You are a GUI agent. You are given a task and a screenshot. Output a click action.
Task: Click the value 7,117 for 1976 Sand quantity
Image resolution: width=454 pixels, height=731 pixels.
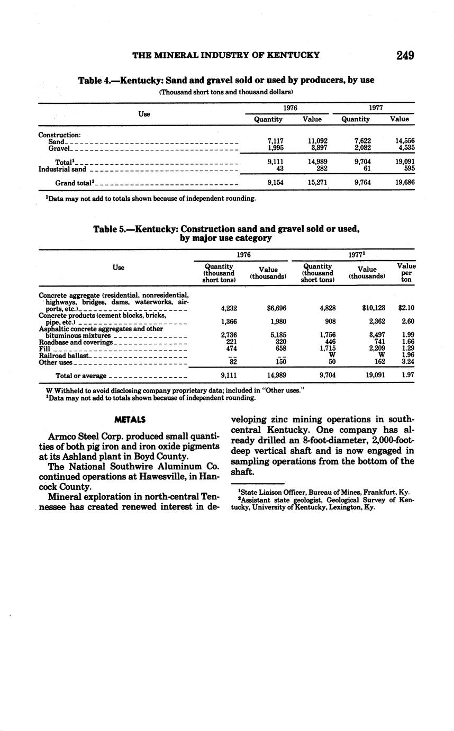[276, 141]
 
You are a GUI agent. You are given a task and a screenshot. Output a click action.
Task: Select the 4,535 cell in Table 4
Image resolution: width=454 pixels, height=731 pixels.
[405, 148]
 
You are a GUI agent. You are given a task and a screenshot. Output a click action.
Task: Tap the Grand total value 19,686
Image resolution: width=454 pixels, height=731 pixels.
[405, 182]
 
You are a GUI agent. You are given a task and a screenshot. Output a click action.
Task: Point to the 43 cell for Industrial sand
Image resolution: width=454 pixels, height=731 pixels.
[280, 168]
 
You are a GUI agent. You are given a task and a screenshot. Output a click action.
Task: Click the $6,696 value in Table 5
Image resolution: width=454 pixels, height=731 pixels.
[277, 308]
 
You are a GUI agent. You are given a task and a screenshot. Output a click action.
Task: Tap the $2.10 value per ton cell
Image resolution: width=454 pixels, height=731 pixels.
[406, 308]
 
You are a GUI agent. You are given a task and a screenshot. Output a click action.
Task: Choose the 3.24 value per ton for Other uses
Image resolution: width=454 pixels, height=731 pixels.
[407, 362]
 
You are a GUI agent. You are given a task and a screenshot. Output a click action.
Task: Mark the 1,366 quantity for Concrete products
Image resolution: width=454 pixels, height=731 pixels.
[228, 321]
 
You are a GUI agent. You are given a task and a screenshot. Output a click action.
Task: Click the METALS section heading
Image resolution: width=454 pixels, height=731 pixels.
[130, 420]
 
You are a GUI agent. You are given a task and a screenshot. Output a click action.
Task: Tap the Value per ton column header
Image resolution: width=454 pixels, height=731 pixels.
[406, 272]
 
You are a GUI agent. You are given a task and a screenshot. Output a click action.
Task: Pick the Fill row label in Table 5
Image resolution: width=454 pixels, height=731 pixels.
[44, 349]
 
